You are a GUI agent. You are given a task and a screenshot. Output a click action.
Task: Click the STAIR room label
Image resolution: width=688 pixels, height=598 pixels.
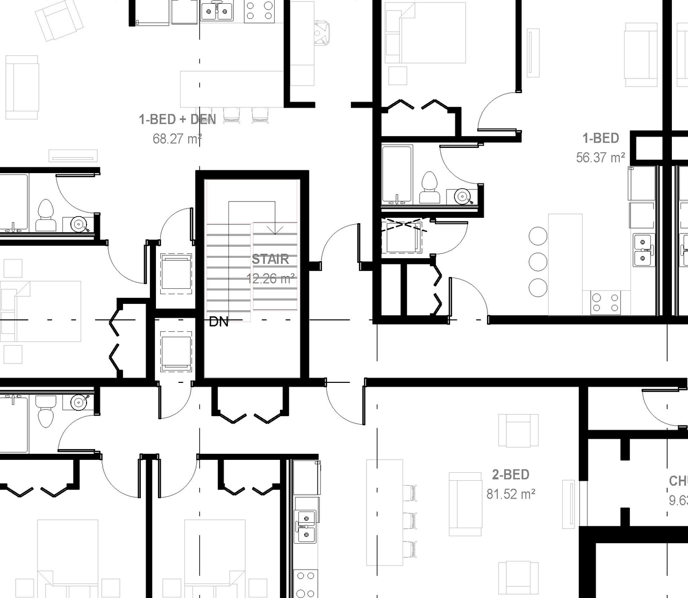pos(270,259)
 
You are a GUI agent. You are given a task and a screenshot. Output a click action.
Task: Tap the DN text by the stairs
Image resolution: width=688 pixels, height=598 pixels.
pos(219,322)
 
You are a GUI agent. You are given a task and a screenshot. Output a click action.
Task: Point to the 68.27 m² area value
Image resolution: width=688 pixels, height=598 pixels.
pos(177,139)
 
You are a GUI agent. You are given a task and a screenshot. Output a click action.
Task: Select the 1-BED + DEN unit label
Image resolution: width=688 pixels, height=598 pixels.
pos(177,119)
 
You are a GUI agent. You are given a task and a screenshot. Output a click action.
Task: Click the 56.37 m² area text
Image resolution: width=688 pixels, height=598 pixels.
pos(600,158)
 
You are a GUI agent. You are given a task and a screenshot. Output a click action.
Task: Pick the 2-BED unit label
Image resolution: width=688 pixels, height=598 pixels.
pos(511,475)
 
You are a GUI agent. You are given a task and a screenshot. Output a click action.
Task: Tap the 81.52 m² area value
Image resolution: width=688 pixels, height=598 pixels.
pos(511,494)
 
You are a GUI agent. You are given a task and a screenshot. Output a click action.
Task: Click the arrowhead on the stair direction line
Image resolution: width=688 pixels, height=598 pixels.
pos(275,230)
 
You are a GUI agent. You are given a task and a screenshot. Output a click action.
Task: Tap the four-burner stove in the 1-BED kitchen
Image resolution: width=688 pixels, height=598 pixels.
pos(606,302)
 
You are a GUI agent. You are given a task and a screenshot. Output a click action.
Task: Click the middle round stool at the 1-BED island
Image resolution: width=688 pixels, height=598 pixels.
pos(538,262)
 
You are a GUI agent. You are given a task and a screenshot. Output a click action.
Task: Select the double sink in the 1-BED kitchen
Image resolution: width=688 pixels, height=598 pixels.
pos(642,250)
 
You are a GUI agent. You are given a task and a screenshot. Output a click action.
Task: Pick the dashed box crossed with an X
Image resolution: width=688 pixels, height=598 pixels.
pos(402,235)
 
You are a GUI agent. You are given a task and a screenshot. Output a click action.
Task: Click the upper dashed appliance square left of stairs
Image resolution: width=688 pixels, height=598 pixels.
pos(176,274)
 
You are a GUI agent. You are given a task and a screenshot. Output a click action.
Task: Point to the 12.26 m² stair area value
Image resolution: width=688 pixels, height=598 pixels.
pos(270,279)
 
